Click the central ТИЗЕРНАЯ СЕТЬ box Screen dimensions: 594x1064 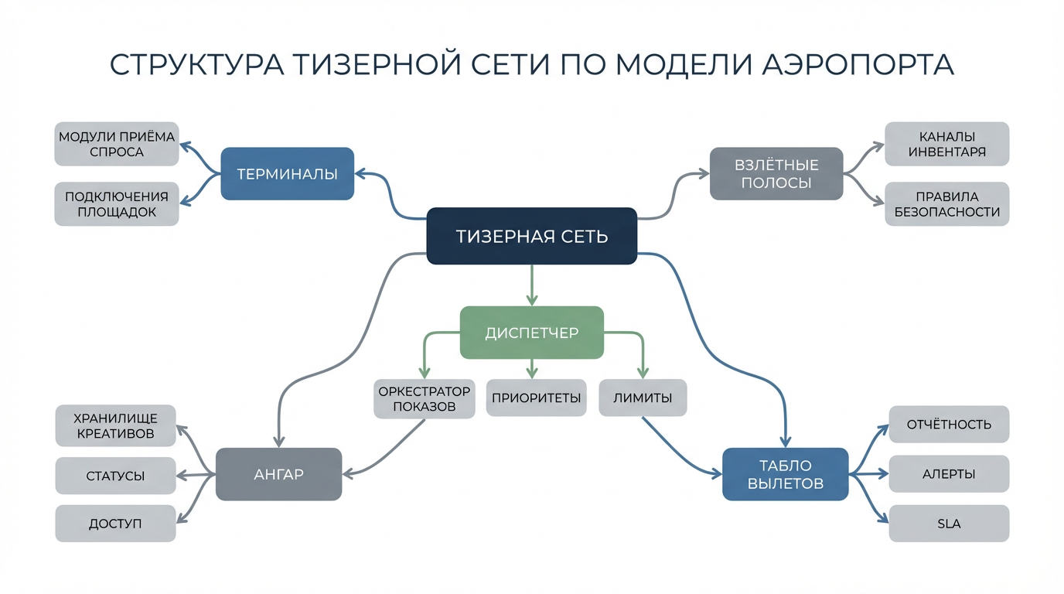coord(531,236)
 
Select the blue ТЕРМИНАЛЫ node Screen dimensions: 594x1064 coord(287,174)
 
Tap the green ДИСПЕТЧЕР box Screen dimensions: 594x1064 coord(531,333)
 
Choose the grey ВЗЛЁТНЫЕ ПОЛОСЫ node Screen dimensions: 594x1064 coord(776,174)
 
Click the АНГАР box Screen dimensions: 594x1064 coord(278,474)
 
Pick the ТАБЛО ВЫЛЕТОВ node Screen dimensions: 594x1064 coord(785,474)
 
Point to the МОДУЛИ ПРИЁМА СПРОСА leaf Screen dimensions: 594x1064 coord(117,144)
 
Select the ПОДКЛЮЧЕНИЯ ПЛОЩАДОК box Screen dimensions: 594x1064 coord(117,204)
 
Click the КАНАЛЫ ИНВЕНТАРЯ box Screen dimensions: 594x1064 coord(946,144)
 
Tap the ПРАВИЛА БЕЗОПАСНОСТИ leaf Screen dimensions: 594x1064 coord(946,204)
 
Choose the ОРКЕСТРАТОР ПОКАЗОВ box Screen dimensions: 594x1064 coord(424,399)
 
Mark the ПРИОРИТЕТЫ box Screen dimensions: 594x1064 coord(536,398)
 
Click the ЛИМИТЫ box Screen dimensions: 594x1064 coord(643,398)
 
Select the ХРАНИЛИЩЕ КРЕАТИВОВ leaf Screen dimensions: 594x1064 coord(116,426)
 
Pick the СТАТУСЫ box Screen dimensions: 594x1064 coord(116,476)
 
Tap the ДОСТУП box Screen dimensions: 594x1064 coord(116,524)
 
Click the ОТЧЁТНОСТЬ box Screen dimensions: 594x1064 coord(949,425)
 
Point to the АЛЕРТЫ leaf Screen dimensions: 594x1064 coord(949,474)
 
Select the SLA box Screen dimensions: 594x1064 coord(949,524)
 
